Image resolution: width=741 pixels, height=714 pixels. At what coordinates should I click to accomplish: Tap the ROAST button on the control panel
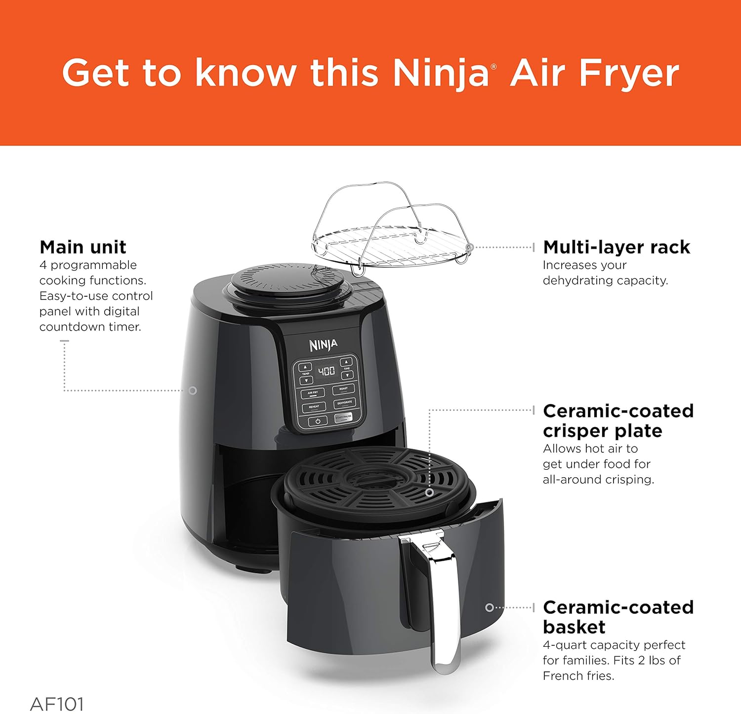343,389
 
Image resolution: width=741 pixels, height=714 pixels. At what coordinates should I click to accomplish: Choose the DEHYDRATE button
344,403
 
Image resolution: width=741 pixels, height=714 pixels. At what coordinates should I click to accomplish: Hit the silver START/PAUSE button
343,418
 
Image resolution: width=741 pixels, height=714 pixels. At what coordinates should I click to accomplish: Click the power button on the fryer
318,421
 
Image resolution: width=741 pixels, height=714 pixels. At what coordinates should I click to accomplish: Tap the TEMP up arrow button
305,367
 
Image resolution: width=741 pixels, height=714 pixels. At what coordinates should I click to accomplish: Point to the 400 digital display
326,371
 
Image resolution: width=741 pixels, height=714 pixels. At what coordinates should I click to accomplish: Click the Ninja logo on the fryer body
324,345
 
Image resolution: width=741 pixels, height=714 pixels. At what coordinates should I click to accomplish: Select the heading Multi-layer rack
616,247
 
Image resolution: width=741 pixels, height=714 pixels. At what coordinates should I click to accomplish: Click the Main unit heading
82,247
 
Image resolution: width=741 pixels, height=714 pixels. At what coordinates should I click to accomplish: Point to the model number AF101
57,704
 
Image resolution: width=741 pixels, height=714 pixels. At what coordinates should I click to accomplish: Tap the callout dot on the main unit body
193,391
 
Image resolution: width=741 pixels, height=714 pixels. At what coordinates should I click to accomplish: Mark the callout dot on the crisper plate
430,492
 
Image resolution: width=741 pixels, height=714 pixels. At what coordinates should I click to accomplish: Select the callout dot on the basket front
489,608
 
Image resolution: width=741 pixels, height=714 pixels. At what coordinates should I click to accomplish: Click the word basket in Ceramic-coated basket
574,627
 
